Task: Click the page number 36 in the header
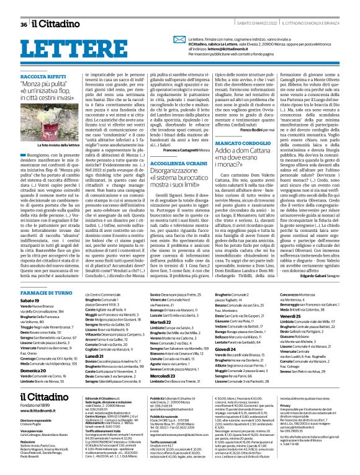(x=24, y=25)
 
